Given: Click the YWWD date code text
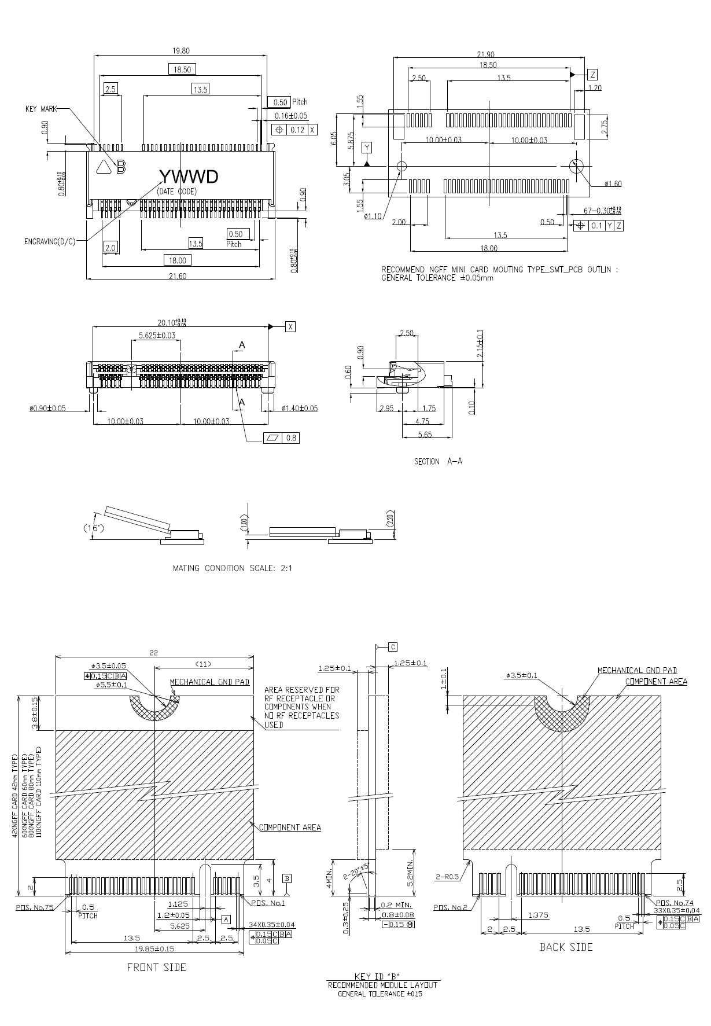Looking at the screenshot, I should point(189,176).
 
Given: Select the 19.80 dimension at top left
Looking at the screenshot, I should point(180,50).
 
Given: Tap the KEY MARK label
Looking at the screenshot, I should point(41,109).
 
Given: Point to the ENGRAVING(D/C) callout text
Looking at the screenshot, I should point(50,241).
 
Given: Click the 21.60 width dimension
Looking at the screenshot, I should point(178,276).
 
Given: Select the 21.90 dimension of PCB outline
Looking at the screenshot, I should point(485,54).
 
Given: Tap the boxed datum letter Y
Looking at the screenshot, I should point(367,148).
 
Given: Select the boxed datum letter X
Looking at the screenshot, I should point(290,327).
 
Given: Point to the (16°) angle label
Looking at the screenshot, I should point(91,528).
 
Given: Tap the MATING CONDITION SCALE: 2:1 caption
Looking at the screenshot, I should point(233,568).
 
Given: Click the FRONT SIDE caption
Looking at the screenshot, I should point(157,967).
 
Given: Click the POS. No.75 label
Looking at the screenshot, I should point(35,907).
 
